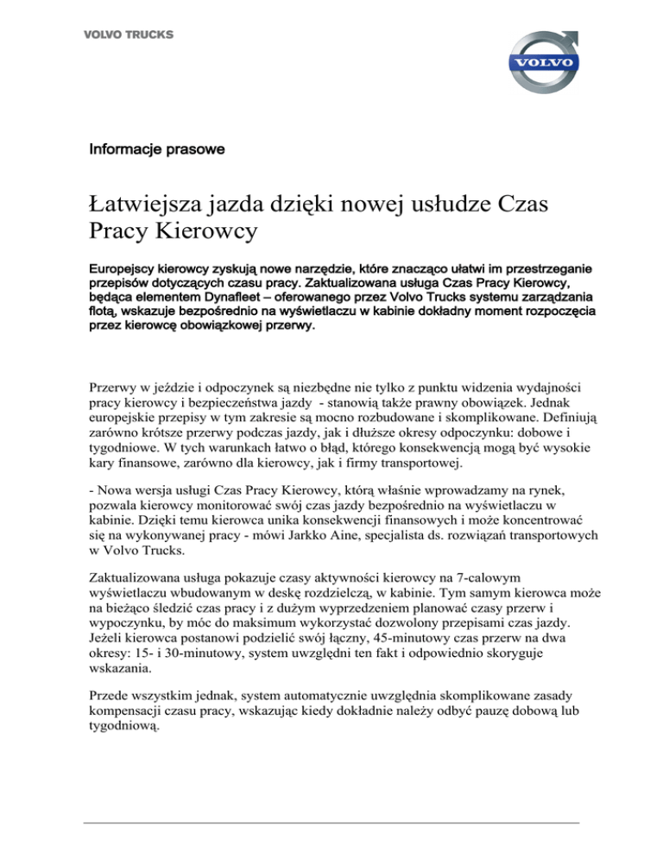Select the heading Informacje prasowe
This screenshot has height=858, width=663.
click(156, 150)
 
